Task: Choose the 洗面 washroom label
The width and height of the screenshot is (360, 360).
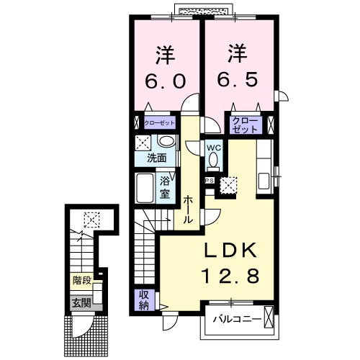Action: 156,156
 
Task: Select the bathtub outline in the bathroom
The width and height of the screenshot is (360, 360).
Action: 144,189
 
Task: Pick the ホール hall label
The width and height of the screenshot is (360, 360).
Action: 187,210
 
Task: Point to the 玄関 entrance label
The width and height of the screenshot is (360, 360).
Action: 81,302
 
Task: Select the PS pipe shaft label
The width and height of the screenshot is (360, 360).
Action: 210,181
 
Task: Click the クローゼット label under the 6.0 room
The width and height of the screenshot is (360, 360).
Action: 159,123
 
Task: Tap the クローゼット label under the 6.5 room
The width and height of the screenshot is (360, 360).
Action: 246,125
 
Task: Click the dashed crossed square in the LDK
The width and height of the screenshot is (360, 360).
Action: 229,185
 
